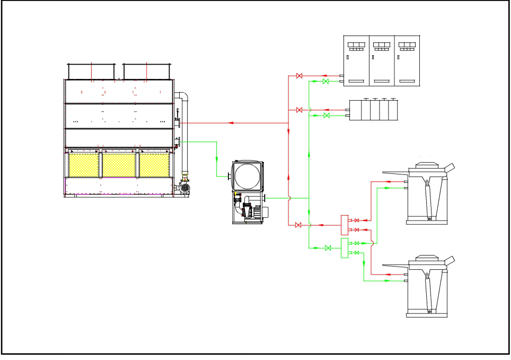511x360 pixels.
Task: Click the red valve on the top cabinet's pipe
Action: click(299, 76)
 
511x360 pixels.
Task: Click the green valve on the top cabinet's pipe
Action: click(325, 82)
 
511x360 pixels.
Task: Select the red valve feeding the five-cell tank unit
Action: click(299, 110)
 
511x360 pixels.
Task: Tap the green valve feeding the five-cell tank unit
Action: click(327, 116)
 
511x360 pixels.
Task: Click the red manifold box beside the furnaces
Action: click(344, 225)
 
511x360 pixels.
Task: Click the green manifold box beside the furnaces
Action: click(344, 248)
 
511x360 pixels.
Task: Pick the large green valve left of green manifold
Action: click(328, 248)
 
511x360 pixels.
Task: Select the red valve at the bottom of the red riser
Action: click(298, 225)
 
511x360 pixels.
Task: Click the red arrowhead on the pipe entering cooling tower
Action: click(230, 123)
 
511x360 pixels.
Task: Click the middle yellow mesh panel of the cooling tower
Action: click(119, 165)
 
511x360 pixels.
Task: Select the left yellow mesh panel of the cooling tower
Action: click(84, 165)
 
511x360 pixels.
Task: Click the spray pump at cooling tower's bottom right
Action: click(184, 187)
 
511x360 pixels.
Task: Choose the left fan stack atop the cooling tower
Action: click(91, 71)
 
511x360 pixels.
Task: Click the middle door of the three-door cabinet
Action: click(382, 60)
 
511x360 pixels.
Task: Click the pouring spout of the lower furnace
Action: click(450, 260)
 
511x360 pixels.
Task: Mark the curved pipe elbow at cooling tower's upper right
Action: click(183, 97)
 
